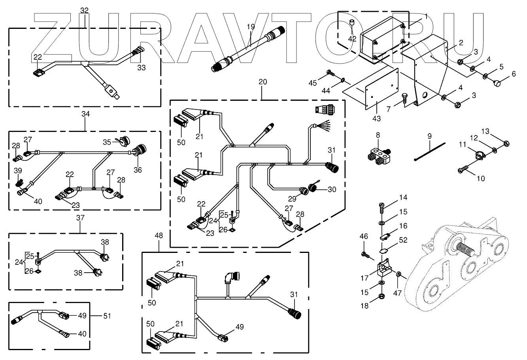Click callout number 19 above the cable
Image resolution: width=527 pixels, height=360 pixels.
tap(251, 27)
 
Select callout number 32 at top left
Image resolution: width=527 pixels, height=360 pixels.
tap(84, 11)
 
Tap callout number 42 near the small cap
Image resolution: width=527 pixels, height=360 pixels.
tap(352, 38)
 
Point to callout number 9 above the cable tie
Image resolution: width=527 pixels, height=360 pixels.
tap(429, 136)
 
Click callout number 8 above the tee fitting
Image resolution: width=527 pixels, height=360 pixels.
tap(378, 135)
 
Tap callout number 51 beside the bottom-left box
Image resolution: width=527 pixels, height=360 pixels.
tap(107, 316)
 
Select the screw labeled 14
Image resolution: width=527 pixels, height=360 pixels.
tap(382, 207)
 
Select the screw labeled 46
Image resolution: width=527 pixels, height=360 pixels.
tap(366, 255)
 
